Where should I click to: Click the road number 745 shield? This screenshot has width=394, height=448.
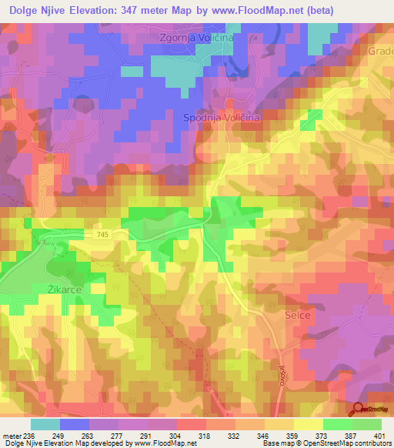pyautogui.click(x=104, y=233)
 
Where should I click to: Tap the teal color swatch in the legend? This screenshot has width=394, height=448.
pyautogui.click(x=45, y=424)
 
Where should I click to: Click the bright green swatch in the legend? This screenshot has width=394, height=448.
pyautogui.click(x=338, y=424)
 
